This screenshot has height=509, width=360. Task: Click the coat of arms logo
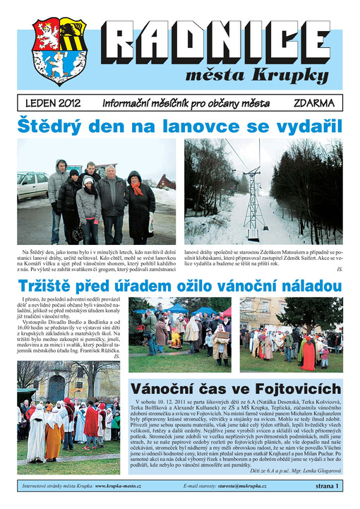click(59, 52)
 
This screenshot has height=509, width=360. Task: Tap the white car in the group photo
click(32, 186)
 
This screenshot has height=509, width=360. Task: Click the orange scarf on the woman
click(136, 189)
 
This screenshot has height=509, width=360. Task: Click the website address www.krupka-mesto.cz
click(118, 486)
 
